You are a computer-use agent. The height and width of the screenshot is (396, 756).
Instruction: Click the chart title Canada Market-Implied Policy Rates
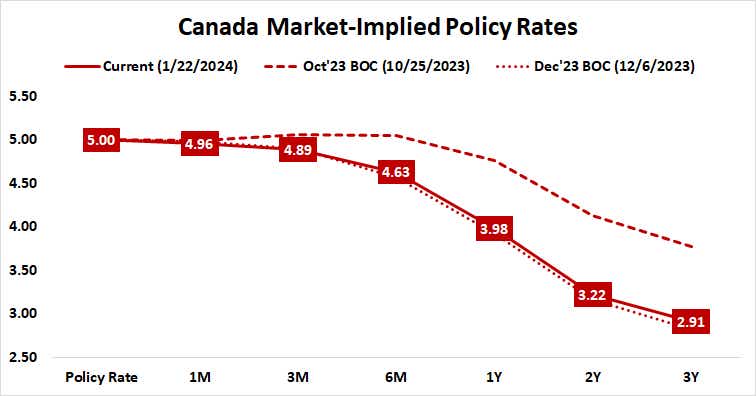tap(378, 24)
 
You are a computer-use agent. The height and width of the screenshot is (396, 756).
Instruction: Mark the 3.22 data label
tap(590, 295)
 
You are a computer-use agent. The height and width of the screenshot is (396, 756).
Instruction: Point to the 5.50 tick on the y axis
tap(22, 97)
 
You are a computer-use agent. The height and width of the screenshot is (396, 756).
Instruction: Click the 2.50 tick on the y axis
tap(22, 358)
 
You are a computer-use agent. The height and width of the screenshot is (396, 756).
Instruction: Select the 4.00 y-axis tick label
tap(22, 227)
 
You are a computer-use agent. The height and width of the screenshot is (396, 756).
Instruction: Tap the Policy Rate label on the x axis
tap(101, 378)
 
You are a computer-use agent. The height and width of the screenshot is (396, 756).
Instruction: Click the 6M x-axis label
tap(395, 378)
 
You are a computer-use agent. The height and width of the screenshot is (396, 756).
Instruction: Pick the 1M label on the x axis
tap(199, 378)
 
